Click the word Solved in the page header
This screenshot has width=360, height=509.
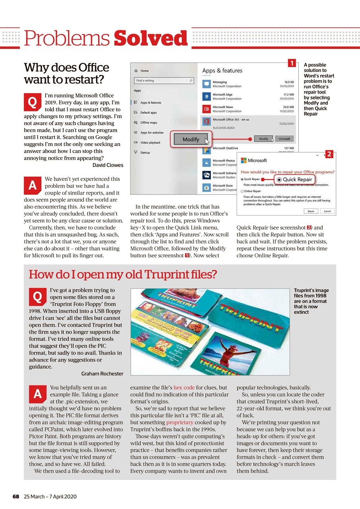coord(150,39)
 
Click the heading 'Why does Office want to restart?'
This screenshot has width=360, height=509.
coord(66,73)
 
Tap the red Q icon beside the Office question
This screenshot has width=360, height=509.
coord(31,102)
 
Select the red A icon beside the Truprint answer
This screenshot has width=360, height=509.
coord(37,394)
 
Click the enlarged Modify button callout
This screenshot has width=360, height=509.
coord(191,140)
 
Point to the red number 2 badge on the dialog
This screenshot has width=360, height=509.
coord(329,155)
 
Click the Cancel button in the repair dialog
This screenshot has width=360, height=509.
coord(327,211)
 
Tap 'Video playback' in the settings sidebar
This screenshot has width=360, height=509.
coord(150,142)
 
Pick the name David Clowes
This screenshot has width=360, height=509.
coord(107,165)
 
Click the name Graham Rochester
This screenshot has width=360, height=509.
coord(102,374)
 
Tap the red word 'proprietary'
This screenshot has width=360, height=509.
coord(180,422)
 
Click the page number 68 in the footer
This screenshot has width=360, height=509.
coord(16,497)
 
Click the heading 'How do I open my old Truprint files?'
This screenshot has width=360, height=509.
coord(123,274)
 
